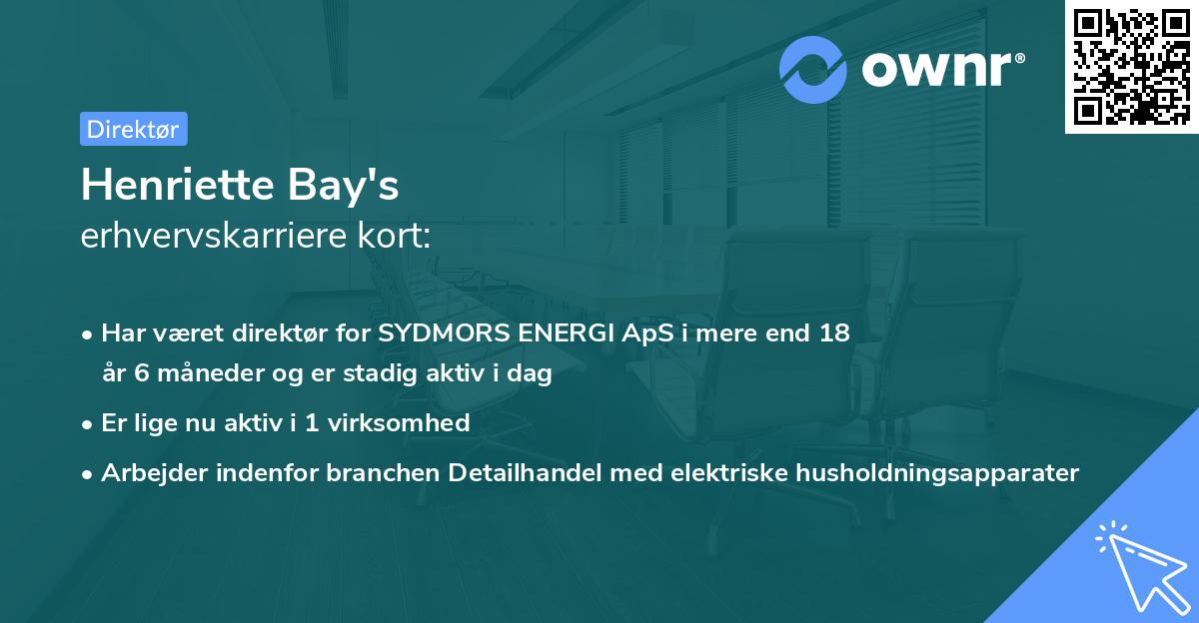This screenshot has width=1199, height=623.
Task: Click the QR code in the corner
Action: (x=1131, y=66)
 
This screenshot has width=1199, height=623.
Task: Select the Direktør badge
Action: (x=133, y=129)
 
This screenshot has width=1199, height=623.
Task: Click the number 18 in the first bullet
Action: (x=834, y=333)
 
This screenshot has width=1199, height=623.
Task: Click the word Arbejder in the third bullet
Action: (x=146, y=473)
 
